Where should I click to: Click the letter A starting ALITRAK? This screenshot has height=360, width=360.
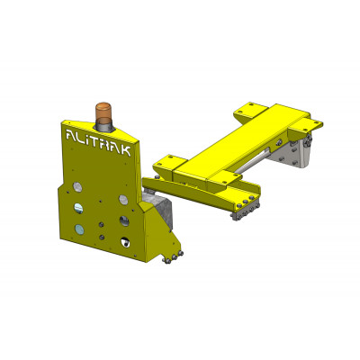point(72,137)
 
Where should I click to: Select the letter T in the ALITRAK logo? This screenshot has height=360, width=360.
point(97,142)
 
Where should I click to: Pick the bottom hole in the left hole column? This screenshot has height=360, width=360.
point(81,230)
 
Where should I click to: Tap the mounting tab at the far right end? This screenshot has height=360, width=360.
point(310,119)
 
